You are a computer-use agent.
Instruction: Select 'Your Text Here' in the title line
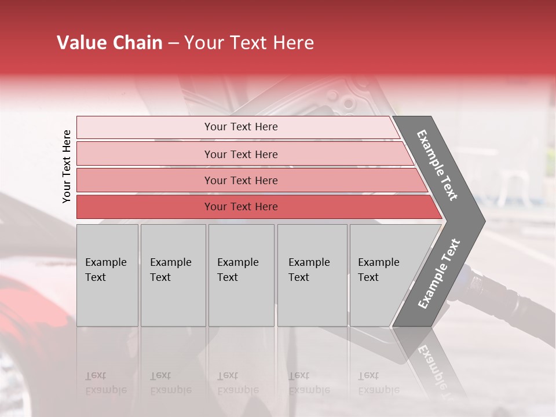pyautogui.click(x=249, y=43)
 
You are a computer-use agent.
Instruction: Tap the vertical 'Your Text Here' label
pyautogui.click(x=67, y=166)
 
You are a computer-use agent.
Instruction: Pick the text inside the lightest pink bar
pyautogui.click(x=241, y=127)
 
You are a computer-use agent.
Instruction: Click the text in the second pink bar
pyautogui.click(x=241, y=154)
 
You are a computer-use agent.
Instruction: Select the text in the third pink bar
pyautogui.click(x=241, y=180)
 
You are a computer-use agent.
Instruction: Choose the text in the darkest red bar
pyautogui.click(x=241, y=207)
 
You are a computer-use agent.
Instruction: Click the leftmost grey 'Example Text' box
pyautogui.click(x=107, y=275)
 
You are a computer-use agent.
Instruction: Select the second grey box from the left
pyautogui.click(x=173, y=275)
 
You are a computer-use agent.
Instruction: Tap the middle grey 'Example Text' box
pyautogui.click(x=241, y=275)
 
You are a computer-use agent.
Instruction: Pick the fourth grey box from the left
pyautogui.click(x=312, y=275)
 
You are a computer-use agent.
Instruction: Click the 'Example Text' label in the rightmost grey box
pyautogui.click(x=379, y=270)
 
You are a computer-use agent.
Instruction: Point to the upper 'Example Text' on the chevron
pyautogui.click(x=438, y=165)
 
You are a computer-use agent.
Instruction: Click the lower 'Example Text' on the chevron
pyautogui.click(x=439, y=273)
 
